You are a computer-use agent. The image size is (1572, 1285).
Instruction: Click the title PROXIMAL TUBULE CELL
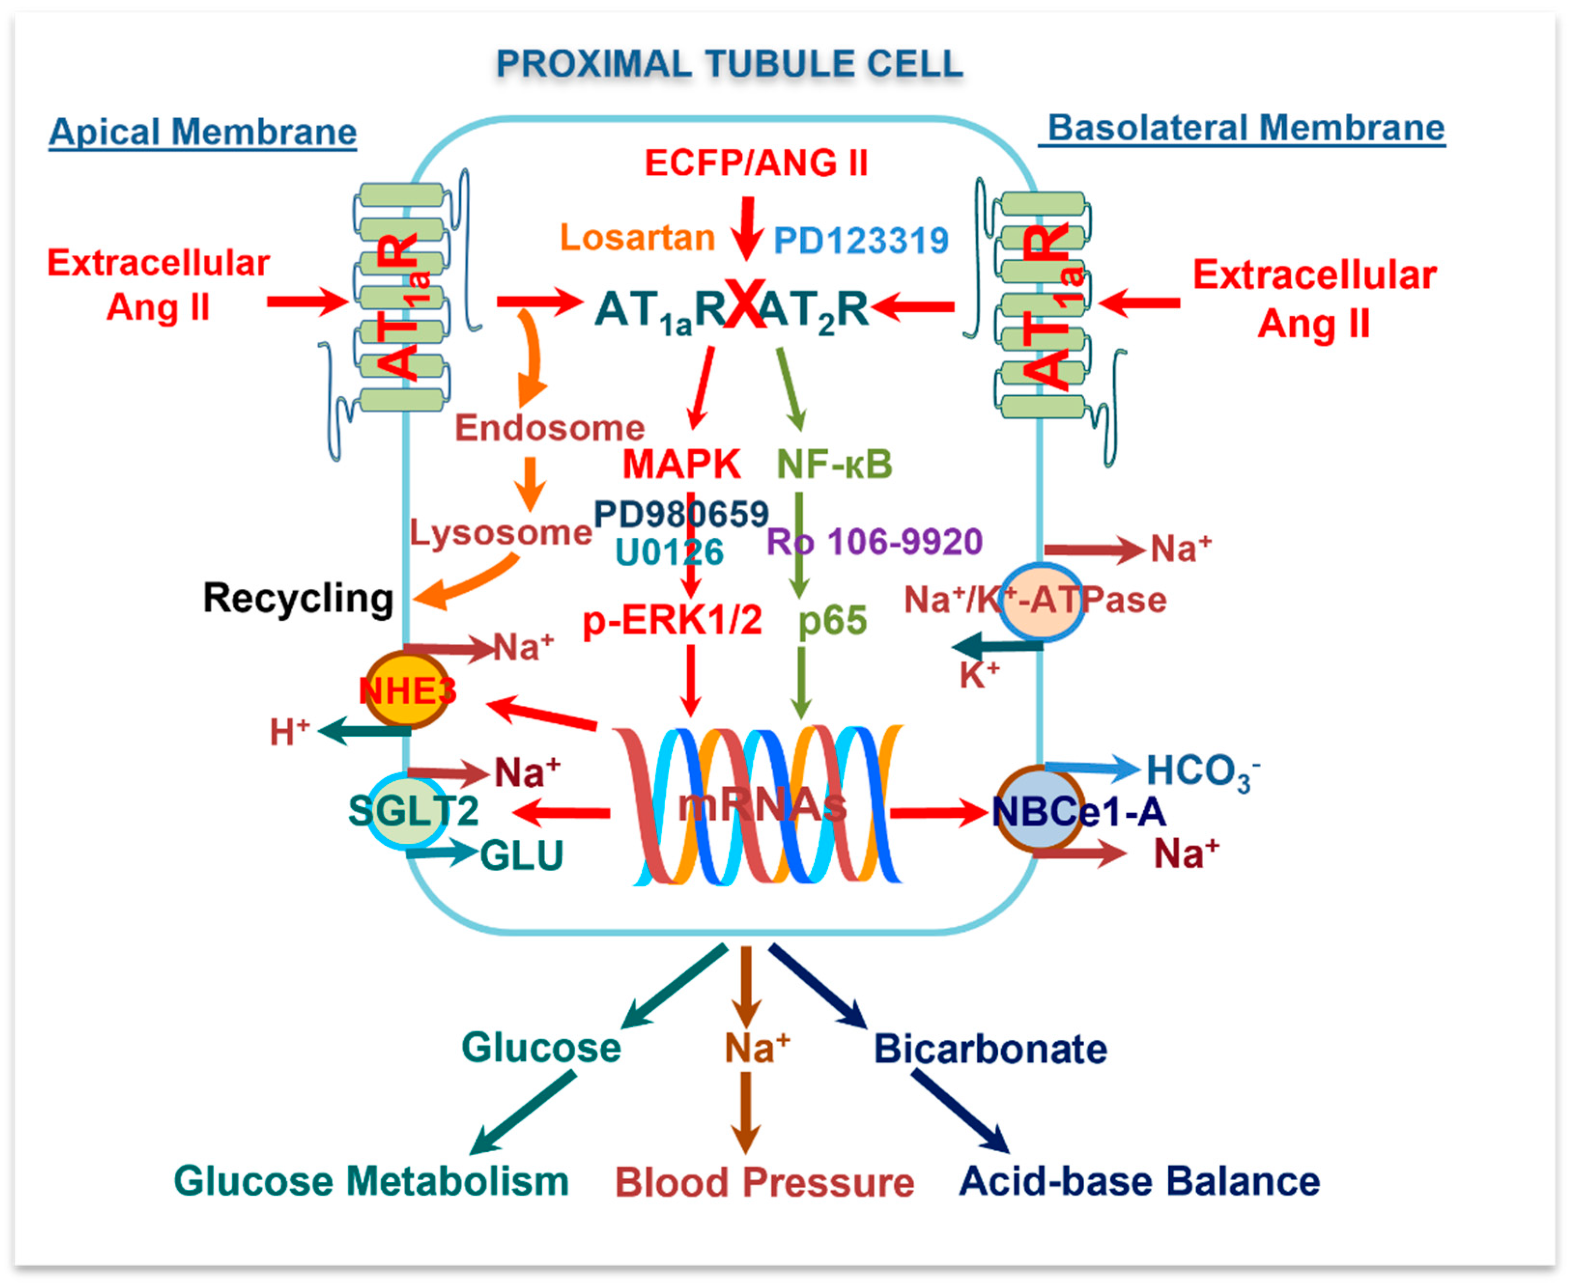tap(729, 64)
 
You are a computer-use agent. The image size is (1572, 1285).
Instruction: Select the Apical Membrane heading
tap(202, 132)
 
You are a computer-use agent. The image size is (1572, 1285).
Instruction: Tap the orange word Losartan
tap(637, 237)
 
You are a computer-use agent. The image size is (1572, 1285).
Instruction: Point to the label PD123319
tap(861, 240)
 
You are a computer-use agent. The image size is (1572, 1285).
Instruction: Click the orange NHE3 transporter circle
tap(407, 690)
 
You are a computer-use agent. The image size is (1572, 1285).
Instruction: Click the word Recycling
tap(297, 598)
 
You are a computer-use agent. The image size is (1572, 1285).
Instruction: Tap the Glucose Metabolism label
tap(371, 1181)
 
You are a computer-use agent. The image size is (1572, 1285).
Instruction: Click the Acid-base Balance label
tap(1139, 1181)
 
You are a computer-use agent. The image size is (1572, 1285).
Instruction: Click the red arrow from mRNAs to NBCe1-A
tap(937, 813)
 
